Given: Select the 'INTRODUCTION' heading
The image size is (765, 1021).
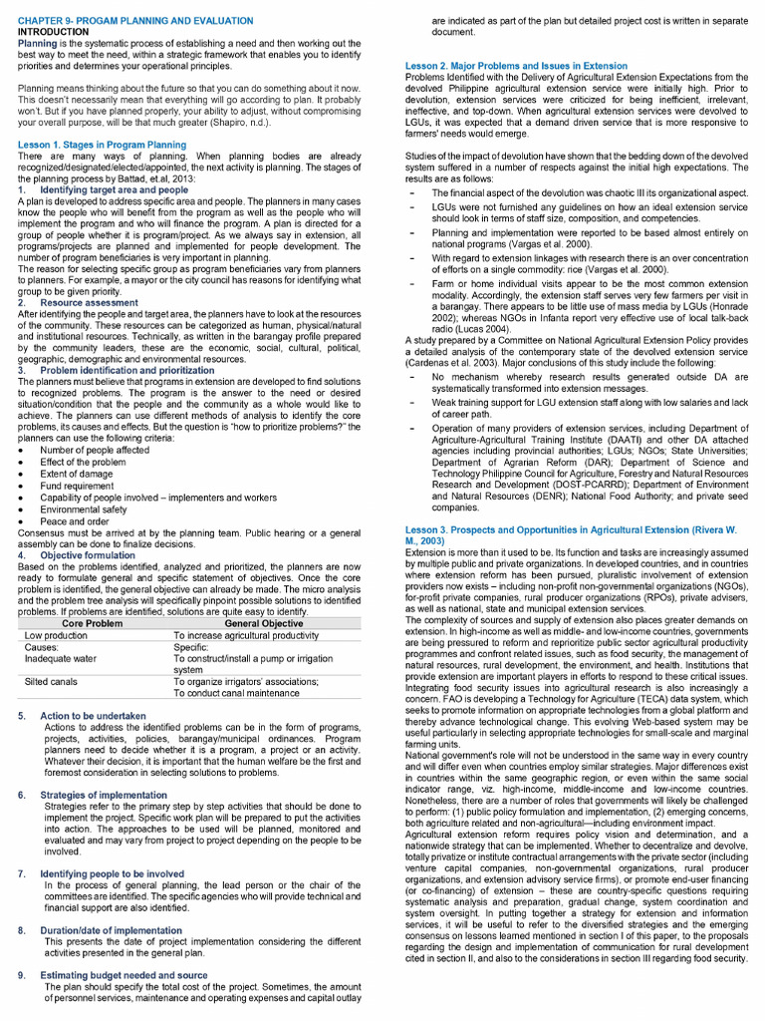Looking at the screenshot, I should (53, 32).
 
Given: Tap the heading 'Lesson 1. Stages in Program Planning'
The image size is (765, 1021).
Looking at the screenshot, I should (102, 145).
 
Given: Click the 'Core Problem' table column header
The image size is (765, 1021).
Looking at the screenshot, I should (91, 623).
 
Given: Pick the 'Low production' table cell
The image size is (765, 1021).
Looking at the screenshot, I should (56, 635).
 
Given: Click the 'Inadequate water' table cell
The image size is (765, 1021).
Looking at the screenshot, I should (61, 658).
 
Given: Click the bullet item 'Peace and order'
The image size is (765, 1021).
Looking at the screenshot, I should (75, 521).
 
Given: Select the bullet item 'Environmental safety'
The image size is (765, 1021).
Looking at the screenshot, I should (84, 510).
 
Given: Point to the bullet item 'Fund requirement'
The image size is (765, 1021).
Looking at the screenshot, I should (79, 486).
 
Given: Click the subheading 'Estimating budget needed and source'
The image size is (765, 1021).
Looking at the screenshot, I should (124, 975).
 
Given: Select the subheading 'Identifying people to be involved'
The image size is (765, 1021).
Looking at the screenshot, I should (112, 873).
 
